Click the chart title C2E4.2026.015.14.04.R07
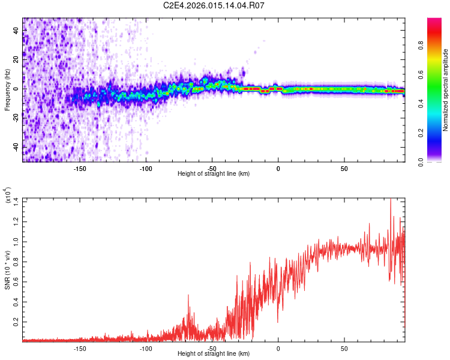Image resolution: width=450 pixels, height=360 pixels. point(214,5)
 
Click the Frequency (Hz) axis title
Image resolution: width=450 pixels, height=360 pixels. point(7,90)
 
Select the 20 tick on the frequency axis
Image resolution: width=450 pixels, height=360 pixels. point(16,59)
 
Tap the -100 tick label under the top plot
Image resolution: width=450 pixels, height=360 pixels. point(146,168)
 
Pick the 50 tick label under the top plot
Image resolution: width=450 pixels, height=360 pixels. point(344,168)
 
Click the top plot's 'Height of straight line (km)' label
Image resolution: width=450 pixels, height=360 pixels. point(214,174)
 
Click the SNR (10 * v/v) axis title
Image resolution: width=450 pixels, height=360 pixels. point(7,269)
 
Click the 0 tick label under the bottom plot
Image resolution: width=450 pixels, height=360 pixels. point(278,348)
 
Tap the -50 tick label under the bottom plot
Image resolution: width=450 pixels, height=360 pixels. point(212,348)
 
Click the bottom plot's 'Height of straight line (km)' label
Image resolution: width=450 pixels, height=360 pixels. point(214,354)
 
